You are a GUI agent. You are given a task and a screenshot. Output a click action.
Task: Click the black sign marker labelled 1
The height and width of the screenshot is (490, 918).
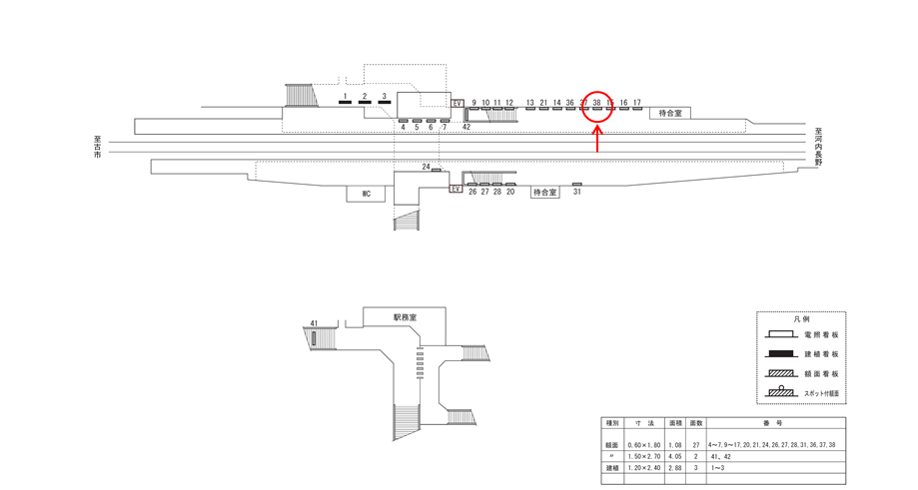(x=345, y=102)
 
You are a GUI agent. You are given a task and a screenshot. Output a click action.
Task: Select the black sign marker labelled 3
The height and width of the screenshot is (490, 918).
(x=385, y=102)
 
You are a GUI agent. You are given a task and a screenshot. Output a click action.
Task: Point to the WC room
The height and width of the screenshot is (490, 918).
(x=367, y=194)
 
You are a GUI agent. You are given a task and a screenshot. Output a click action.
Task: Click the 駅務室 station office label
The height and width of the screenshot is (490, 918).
(x=405, y=316)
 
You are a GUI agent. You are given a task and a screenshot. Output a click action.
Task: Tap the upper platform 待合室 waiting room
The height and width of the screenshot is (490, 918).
(x=670, y=114)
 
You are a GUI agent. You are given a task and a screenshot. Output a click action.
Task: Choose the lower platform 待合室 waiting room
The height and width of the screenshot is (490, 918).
(x=543, y=192)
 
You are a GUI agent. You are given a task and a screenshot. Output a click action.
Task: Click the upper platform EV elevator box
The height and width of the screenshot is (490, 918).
(x=459, y=103)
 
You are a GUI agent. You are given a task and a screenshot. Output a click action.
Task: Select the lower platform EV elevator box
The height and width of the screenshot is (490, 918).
(x=455, y=189)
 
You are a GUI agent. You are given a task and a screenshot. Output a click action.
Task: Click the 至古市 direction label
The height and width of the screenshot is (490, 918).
(x=96, y=148)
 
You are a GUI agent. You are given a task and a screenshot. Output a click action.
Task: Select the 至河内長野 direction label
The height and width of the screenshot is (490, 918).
(x=817, y=146)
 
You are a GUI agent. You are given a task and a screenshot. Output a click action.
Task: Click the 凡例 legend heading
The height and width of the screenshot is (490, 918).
(x=801, y=319)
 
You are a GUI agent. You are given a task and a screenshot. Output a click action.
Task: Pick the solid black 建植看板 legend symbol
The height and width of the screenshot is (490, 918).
(x=782, y=354)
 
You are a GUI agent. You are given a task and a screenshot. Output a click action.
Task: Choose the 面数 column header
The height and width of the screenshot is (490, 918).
(x=696, y=422)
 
